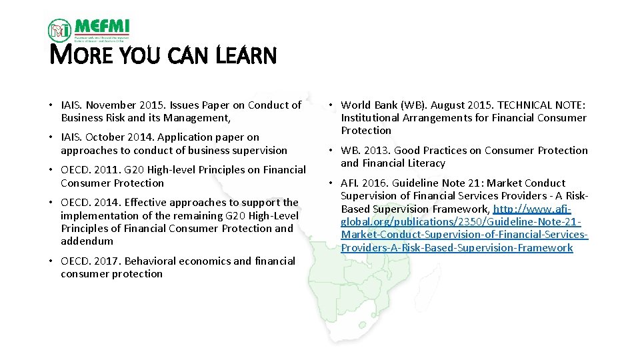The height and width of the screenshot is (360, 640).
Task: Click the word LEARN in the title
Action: coord(246,56)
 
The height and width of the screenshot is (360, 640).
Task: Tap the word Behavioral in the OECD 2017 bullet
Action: coord(149,261)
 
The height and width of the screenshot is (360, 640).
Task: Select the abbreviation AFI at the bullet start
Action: coord(349,183)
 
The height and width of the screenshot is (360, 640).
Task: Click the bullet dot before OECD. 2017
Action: coord(51,261)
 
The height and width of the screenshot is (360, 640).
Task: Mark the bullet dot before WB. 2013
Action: coord(331,151)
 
